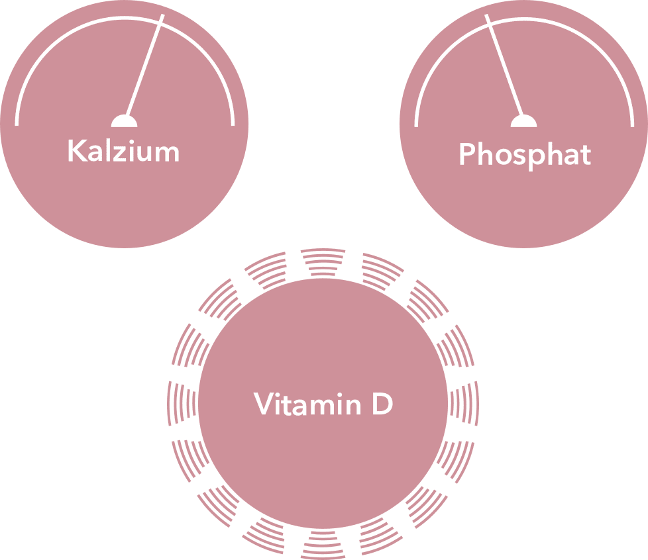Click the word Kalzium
[123, 152]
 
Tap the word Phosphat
[524, 155]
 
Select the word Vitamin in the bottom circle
[307, 404]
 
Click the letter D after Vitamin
[382, 404]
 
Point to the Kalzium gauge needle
[144, 66]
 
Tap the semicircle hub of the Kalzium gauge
[124, 120]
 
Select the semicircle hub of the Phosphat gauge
[523, 120]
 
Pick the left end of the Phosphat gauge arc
[416, 124]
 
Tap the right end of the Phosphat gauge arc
[632, 124]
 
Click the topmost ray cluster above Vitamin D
[323, 261]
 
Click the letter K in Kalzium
[75, 152]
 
